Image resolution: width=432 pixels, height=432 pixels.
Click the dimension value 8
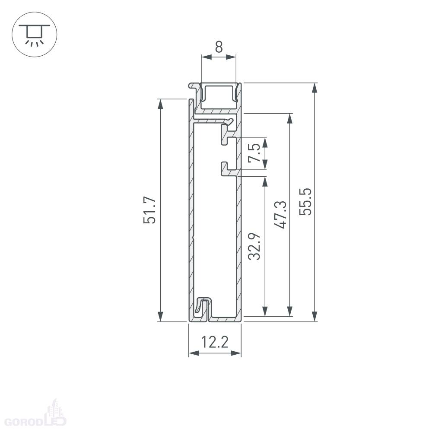[219, 47]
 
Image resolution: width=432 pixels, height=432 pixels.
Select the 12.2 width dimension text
[215, 342]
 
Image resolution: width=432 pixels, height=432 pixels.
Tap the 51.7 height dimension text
[149, 210]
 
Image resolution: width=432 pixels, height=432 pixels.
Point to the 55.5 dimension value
[305, 201]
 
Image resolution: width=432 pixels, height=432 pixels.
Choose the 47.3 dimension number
[280, 215]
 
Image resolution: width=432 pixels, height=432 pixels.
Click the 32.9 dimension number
[254, 246]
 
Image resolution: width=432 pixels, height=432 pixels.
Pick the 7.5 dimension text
[254, 152]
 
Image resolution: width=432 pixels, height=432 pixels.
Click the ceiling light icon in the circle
[35, 35]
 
